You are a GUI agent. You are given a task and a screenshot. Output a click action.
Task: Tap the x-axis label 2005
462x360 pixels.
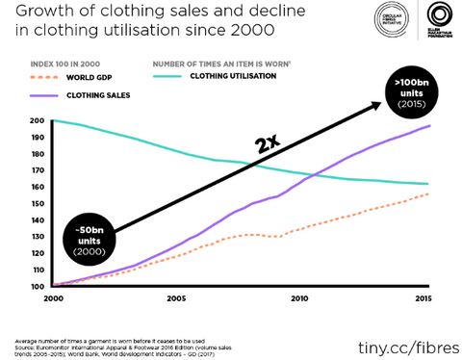click(175, 298)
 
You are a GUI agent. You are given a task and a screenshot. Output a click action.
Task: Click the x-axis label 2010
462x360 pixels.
click(298, 298)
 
